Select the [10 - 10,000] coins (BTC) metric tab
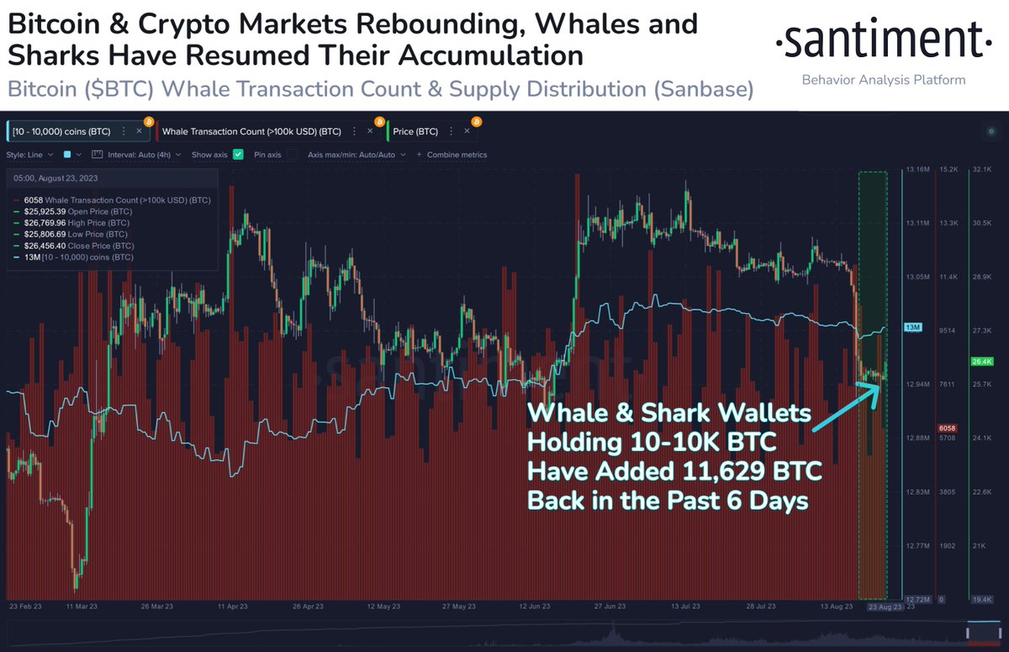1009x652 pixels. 62,131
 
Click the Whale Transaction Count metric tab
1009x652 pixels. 252,131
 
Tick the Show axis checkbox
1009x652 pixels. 238,155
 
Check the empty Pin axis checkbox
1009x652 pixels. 292,155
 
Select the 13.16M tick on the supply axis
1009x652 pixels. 917,170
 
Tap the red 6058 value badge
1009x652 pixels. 948,427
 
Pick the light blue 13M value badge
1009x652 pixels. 913,326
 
